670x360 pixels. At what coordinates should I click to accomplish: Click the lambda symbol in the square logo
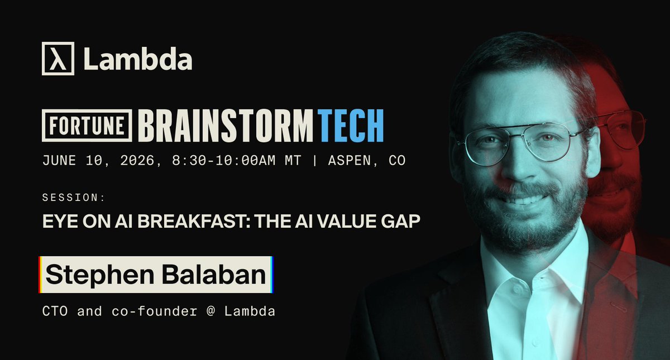pos(58,59)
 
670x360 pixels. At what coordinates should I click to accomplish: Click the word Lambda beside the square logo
pos(138,59)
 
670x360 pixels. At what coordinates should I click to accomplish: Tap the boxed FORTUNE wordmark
pos(87,126)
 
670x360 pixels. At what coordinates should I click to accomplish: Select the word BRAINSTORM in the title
pos(226,126)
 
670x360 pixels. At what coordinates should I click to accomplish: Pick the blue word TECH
pos(351,126)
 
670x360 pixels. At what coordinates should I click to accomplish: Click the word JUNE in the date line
pos(59,161)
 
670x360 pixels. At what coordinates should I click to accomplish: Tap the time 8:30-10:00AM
pos(224,161)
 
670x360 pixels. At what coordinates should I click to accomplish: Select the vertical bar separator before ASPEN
pos(315,161)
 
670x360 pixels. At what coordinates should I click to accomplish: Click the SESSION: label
pos(74,198)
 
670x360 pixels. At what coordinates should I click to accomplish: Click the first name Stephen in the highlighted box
pos(100,275)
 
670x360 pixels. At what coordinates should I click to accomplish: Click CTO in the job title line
pos(55,311)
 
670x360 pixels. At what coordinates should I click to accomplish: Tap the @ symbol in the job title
pos(211,311)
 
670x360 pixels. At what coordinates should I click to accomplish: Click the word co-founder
pos(154,311)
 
